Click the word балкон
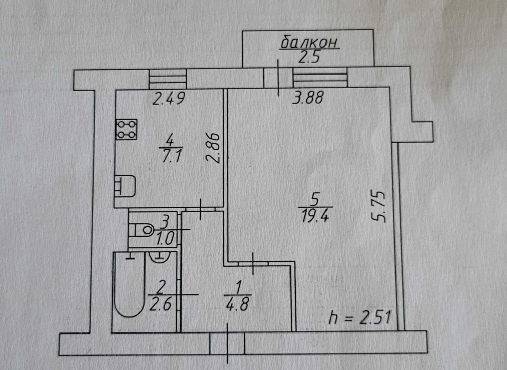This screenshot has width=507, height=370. [x=309, y=43]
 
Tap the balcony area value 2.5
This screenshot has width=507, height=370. [x=308, y=57]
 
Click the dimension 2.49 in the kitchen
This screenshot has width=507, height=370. [x=167, y=99]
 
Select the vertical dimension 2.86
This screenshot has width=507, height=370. [x=213, y=147]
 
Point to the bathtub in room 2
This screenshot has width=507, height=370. [x=129, y=291]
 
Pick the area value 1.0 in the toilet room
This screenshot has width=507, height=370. [x=165, y=237]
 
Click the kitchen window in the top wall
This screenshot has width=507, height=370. [x=168, y=79]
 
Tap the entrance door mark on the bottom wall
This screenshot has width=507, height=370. [x=227, y=343]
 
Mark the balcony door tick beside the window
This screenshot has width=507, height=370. [x=278, y=78]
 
